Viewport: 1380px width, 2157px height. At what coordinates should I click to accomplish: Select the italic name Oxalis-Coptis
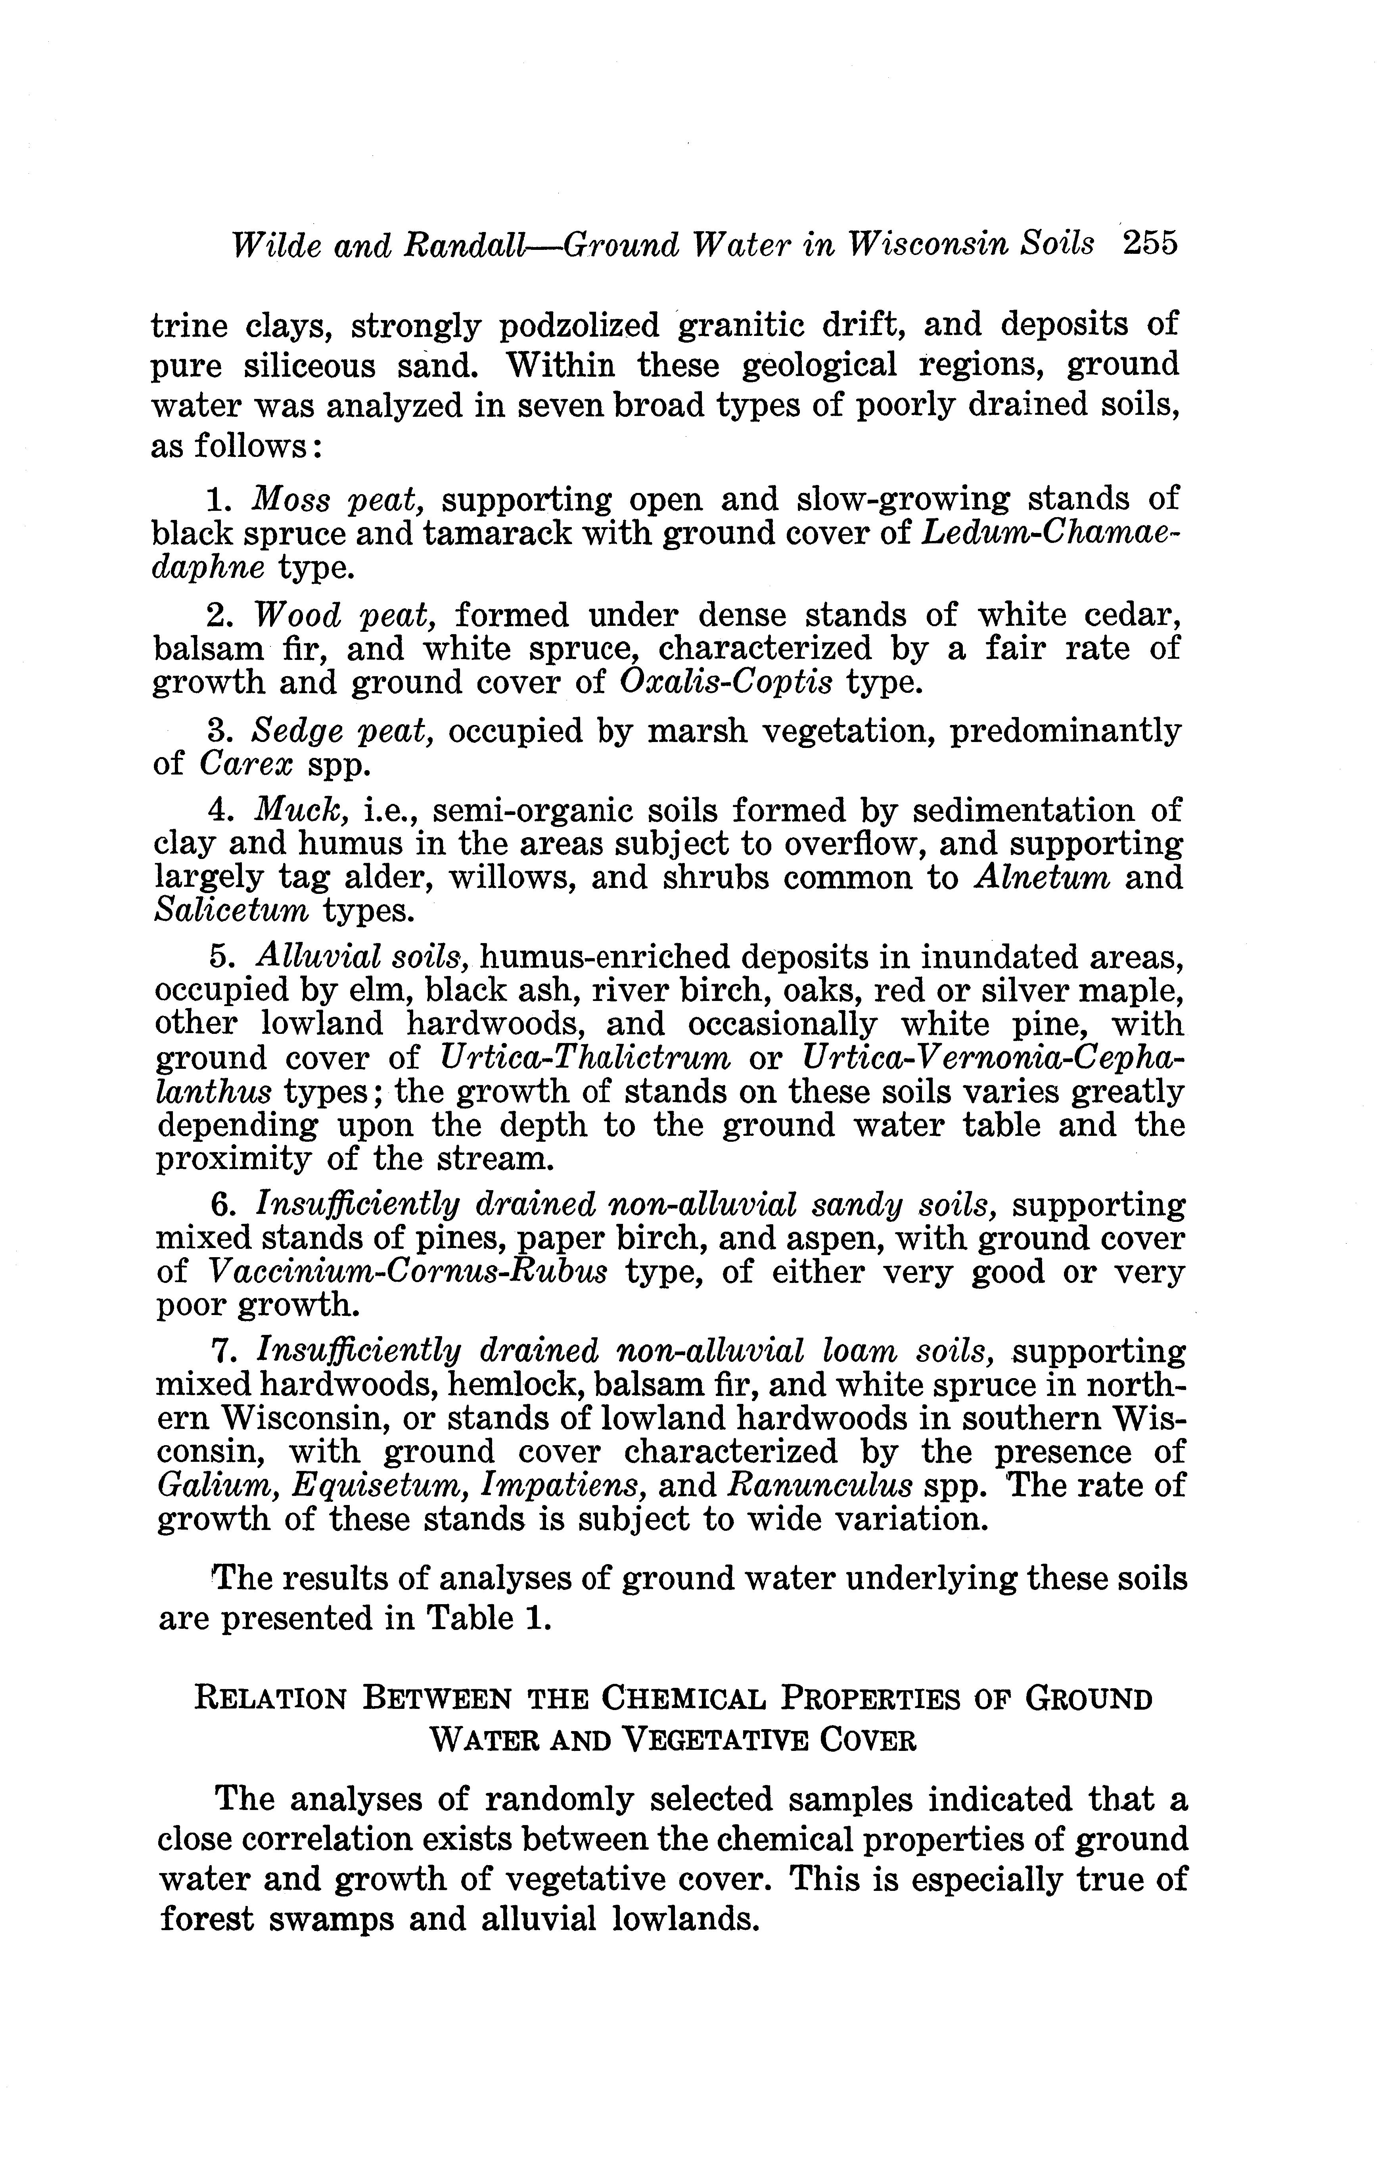(726, 683)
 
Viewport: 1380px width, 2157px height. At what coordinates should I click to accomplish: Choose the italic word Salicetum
(231, 911)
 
